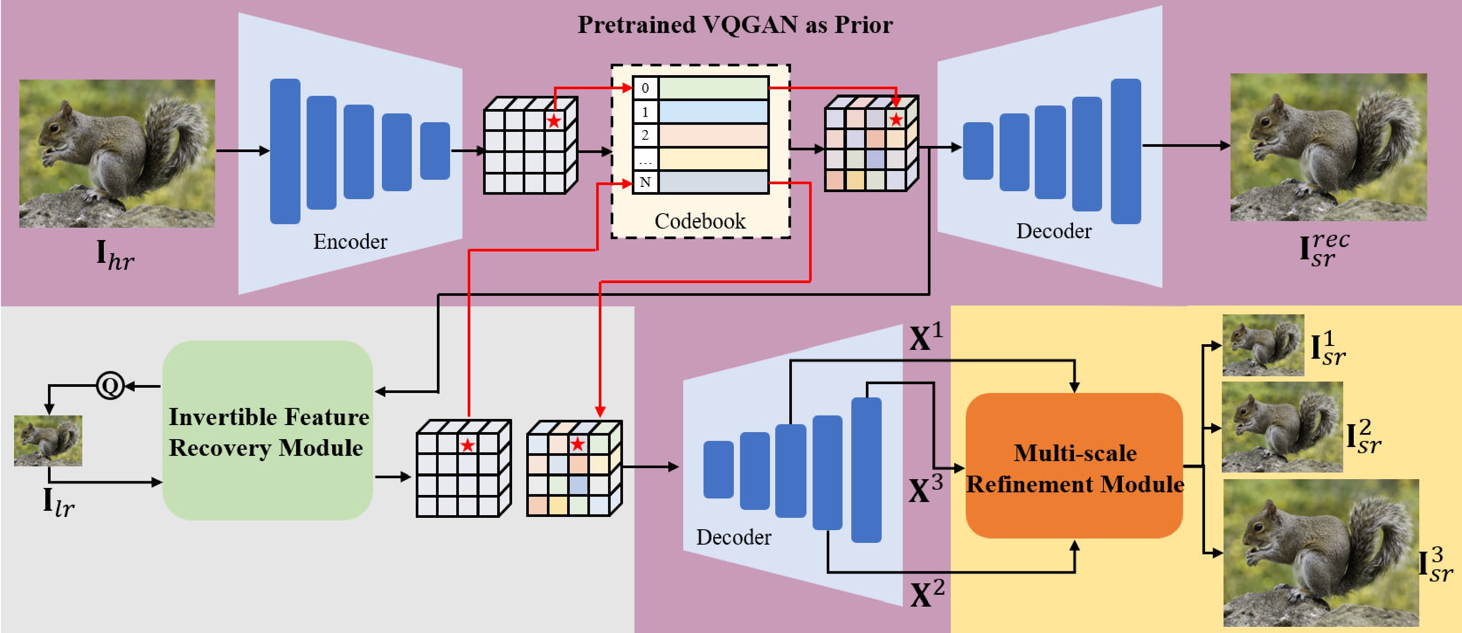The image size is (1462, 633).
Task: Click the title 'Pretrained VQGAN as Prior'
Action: pos(735,25)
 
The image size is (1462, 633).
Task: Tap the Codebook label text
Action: pos(700,221)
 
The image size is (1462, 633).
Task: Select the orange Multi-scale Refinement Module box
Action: pos(1074,466)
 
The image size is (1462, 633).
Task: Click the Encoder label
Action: pos(350,242)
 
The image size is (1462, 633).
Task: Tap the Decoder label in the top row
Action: pos(1053,231)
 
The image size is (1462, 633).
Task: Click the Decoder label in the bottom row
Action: pos(734,537)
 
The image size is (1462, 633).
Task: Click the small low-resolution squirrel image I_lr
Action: pos(48,441)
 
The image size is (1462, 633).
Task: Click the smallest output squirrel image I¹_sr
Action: pos(1263,346)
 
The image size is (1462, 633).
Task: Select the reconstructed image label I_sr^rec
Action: pos(1324,250)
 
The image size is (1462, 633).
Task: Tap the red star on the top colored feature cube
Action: pos(896,120)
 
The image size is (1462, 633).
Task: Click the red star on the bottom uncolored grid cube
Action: pos(467,445)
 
